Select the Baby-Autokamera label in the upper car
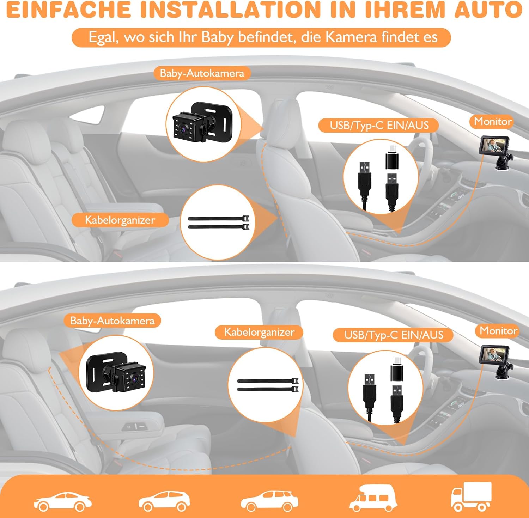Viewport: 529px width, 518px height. pos(202,73)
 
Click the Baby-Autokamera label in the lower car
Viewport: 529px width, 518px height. pos(113,321)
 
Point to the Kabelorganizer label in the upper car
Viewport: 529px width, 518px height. pos(120,220)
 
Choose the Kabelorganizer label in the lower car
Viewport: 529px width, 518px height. pos(260,332)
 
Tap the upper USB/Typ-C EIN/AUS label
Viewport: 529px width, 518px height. pos(379,126)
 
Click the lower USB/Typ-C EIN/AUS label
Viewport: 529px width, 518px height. pos(394,335)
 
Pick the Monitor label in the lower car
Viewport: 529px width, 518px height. pos(498,331)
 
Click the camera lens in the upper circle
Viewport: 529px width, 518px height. pos(183,129)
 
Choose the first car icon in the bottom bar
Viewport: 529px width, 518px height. pos(63,501)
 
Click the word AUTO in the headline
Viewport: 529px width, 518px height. pos(488,10)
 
